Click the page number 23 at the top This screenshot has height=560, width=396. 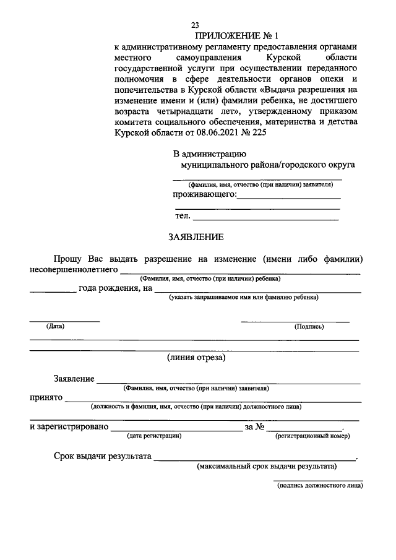tap(195, 25)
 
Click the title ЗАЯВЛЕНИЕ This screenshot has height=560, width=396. tap(196, 236)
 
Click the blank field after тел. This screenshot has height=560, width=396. tap(266, 217)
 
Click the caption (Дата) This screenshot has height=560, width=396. tap(55, 326)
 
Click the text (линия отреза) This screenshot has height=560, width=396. tap(196, 357)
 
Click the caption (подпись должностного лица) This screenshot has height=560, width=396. tap(319, 486)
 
